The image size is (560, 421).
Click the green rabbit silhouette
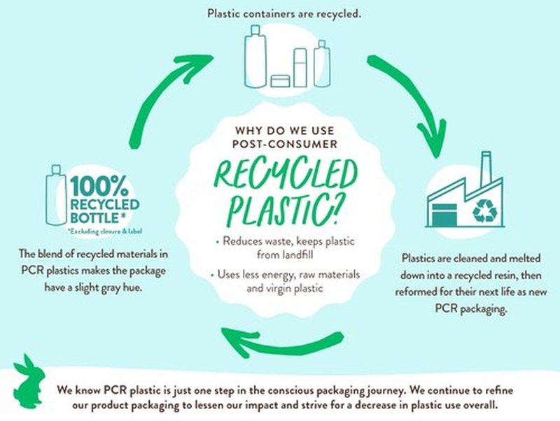29,383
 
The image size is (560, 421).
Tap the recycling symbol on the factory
484,210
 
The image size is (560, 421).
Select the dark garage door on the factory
444,215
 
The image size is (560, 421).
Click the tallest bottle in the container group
255,57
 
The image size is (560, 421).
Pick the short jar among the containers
280,81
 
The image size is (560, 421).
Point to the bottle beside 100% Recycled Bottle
57,195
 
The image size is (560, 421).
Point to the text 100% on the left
99,186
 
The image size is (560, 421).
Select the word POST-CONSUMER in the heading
285,144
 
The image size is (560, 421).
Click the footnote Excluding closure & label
105,231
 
